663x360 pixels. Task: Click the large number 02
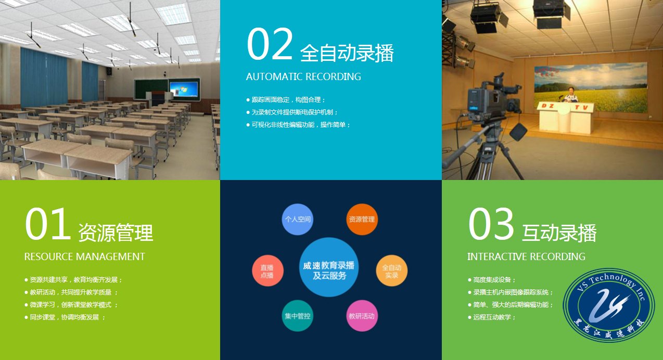click(270, 44)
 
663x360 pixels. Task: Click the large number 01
click(48, 224)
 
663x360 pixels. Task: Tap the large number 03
click(491, 224)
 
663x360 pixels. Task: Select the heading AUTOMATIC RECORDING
click(303, 76)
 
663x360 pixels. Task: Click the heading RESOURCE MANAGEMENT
click(85, 256)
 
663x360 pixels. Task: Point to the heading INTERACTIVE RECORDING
click(526, 256)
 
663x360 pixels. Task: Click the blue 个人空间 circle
click(298, 219)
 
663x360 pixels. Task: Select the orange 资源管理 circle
click(362, 219)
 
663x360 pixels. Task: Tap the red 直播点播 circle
click(267, 271)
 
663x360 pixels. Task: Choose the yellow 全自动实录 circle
click(391, 271)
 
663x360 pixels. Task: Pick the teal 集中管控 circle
click(298, 316)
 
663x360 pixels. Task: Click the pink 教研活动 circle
click(362, 316)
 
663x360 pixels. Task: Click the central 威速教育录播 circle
click(329, 267)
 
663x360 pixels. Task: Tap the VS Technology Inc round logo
click(609, 305)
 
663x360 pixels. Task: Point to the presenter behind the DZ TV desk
click(571, 95)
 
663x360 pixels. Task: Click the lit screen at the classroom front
click(184, 89)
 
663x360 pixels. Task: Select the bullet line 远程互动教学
click(492, 317)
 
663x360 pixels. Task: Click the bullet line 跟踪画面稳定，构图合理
click(286, 100)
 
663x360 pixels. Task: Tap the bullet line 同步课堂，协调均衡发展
click(65, 317)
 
